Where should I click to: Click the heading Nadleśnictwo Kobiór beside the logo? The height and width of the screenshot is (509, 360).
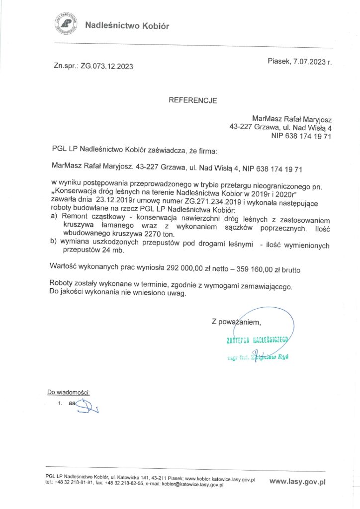[x=127, y=26]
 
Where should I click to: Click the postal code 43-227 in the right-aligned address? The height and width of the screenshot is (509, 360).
[x=241, y=127]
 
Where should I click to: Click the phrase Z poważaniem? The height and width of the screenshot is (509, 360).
[x=236, y=323]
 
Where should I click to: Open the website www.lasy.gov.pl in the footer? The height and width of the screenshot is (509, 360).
[x=297, y=481]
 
